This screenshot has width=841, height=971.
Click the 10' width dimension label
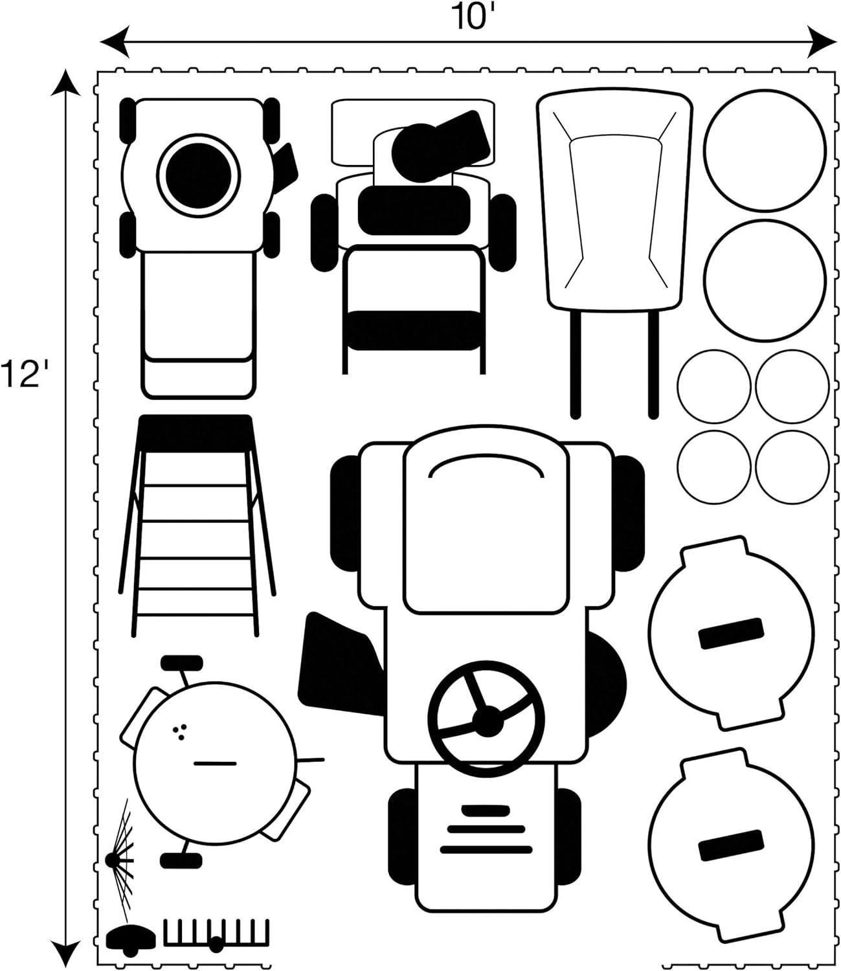click(468, 17)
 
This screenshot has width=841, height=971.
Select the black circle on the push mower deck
click(199, 173)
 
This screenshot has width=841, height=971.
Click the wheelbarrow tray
click(614, 201)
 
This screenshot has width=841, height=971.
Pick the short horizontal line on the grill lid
click(215, 763)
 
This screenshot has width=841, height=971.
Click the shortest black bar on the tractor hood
click(485, 809)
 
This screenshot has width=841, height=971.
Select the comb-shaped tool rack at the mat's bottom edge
click(216, 933)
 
